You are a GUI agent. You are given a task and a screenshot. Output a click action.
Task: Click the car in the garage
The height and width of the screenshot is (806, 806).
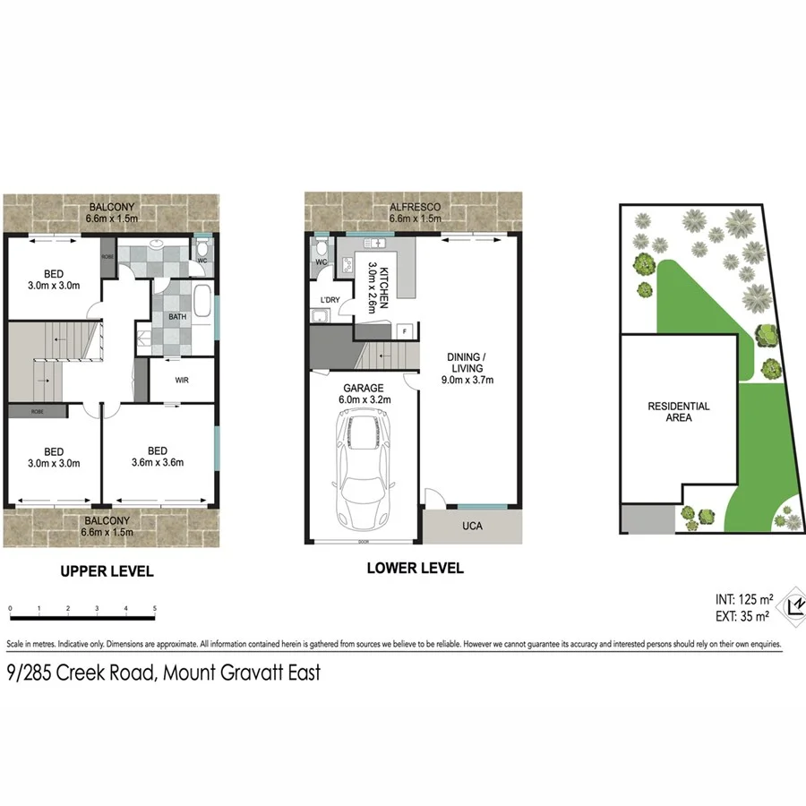click(x=364, y=472)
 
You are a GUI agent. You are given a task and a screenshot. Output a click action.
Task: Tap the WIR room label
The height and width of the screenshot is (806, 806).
click(x=182, y=380)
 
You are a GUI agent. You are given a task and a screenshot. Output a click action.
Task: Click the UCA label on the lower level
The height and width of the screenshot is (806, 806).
click(x=472, y=526)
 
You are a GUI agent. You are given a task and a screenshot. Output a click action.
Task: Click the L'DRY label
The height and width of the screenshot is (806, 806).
click(x=322, y=299)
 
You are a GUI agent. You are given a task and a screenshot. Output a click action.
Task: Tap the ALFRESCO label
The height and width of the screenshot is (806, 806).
click(x=414, y=208)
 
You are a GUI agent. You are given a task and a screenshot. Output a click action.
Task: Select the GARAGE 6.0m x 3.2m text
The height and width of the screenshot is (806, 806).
click(x=364, y=394)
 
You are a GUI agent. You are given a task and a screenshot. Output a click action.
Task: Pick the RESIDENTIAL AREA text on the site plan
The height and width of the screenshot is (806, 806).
click(x=679, y=412)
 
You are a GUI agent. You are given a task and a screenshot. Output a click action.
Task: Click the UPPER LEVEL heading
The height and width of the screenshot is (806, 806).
click(x=107, y=570)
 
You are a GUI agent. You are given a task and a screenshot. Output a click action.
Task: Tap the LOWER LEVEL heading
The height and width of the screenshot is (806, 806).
click(x=415, y=568)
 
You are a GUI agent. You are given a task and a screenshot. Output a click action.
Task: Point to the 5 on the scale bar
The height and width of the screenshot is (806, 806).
click(x=155, y=609)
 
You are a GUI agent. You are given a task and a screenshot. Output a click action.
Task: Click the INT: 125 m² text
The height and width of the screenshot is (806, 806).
click(x=743, y=598)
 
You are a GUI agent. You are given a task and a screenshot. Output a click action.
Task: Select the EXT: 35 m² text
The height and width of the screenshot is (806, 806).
click(x=743, y=616)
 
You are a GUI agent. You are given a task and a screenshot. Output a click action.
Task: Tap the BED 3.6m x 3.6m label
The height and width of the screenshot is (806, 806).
click(x=158, y=457)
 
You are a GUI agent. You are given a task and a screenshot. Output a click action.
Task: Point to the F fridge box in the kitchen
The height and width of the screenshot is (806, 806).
click(x=405, y=330)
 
